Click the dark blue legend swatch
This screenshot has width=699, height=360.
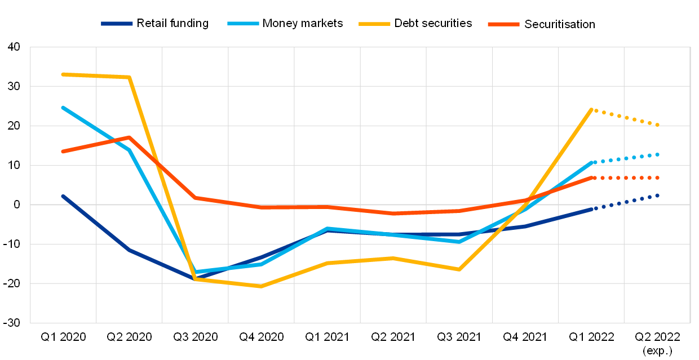point(117,24)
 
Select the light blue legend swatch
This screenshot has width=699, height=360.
point(243,24)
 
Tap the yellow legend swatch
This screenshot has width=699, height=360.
point(374,24)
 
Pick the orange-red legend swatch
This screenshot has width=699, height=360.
point(503,24)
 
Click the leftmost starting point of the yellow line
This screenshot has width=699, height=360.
point(63,74)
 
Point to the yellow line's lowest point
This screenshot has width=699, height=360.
point(261,286)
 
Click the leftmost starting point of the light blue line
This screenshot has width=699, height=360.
point(63,107)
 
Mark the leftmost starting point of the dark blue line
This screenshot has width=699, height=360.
point(63,196)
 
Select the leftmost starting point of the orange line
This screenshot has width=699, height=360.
point(63,152)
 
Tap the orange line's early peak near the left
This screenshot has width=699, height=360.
point(129,137)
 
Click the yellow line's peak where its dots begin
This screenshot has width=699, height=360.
point(591,109)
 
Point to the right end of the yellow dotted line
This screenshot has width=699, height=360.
point(657,125)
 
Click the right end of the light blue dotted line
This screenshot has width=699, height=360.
point(657,154)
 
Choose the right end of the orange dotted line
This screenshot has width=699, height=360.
point(657,177)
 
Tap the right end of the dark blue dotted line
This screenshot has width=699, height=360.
point(657,195)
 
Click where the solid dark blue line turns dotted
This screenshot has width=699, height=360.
point(592,209)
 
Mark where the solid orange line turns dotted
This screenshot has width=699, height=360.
point(592,177)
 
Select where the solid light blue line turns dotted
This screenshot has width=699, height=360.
point(592,162)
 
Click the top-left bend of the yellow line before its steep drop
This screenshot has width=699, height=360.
point(129,77)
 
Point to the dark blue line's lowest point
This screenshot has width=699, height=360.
point(195,278)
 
